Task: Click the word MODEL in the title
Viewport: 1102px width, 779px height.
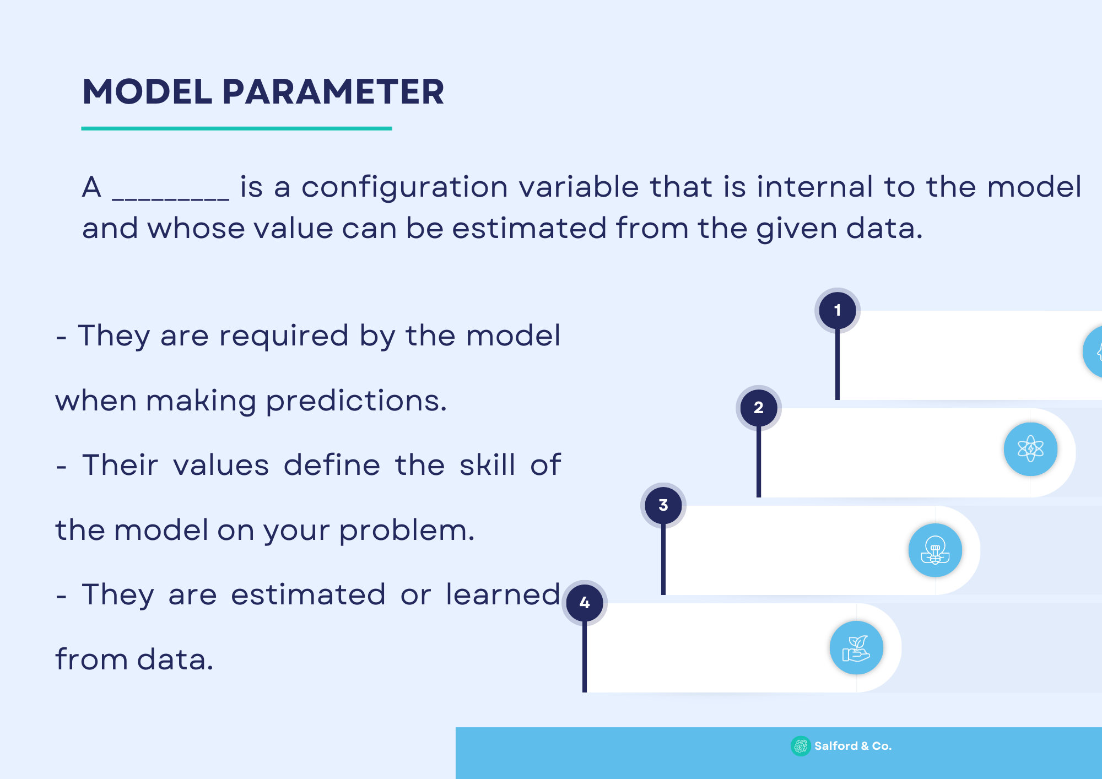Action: (x=147, y=91)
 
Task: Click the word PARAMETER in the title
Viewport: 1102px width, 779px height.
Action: (x=333, y=91)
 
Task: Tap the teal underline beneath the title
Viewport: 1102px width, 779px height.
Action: (x=237, y=128)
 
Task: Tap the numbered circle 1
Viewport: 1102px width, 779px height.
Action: (x=838, y=310)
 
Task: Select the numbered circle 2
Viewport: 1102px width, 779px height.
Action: (x=759, y=408)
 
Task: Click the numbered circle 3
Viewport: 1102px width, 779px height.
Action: (x=663, y=505)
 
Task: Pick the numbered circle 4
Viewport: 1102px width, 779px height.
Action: (x=585, y=603)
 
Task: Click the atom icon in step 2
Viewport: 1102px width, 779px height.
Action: (x=1030, y=449)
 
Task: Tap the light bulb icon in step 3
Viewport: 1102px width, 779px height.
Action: (x=935, y=550)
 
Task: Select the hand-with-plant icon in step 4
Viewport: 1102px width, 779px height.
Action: (x=856, y=648)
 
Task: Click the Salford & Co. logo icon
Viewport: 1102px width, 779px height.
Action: (x=801, y=746)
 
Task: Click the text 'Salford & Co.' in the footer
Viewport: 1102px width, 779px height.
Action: (x=853, y=746)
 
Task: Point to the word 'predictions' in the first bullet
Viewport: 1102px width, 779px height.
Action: (x=356, y=402)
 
